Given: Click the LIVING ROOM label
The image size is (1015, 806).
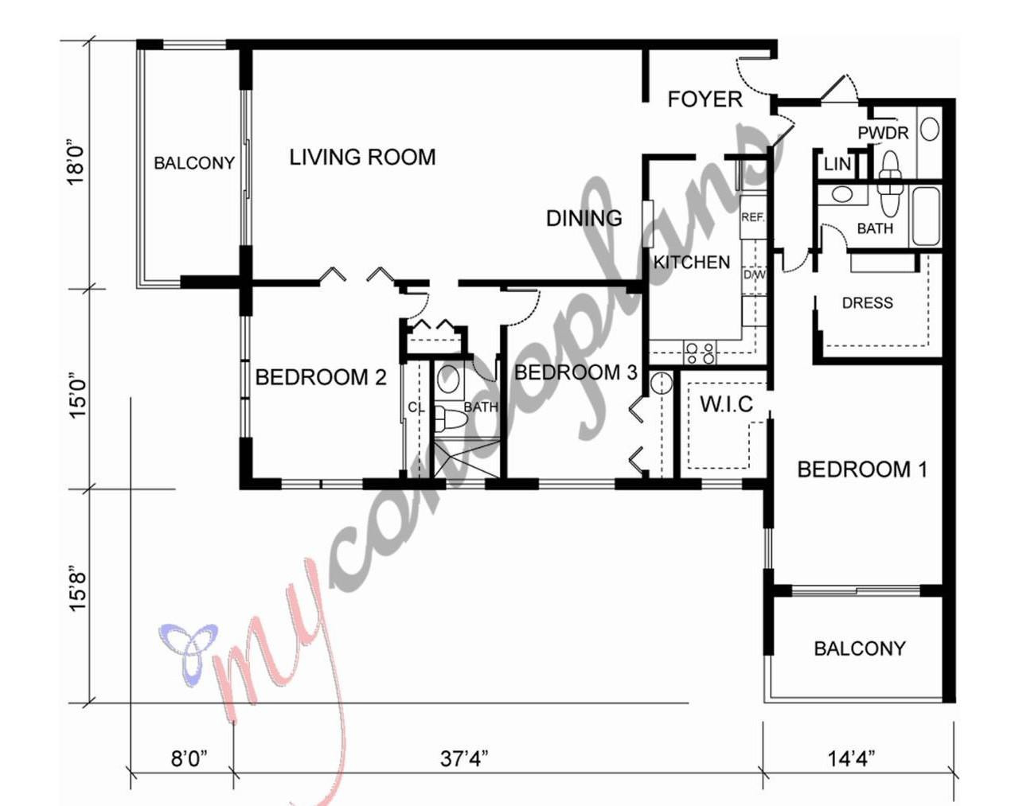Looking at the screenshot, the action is pos(362,158).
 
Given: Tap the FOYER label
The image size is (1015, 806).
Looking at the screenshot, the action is pos(705,99).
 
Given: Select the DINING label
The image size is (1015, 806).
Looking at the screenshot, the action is pos(584,218).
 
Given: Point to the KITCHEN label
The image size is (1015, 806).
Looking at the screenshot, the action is pos(692,263).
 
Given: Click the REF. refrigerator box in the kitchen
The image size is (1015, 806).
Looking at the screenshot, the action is pos(752,217).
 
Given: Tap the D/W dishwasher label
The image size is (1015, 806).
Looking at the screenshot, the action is pos(754,275).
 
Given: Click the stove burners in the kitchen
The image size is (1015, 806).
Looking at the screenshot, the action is pos(701,353).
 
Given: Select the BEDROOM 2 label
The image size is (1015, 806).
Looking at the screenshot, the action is pos(321,377).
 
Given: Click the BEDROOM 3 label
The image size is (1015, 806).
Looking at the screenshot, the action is pos(576,372).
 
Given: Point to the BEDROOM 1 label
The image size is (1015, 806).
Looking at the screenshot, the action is pos(862,469).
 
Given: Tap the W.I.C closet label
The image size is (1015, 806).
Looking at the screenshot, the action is pos(726,404).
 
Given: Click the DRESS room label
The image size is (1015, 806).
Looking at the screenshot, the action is pos(867,303).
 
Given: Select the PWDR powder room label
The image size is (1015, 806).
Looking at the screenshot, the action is pos(883,133).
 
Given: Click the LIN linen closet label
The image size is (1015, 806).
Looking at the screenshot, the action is pos(837,165).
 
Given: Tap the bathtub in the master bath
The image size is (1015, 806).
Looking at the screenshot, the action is pos(926,215).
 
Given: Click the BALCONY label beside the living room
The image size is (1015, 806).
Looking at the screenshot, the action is pos(194,163).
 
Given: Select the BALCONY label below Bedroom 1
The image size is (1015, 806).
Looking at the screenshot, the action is pos(859,648).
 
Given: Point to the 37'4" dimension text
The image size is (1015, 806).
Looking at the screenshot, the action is pos(463,758).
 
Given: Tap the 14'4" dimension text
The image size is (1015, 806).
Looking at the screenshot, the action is pos(851,758).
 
